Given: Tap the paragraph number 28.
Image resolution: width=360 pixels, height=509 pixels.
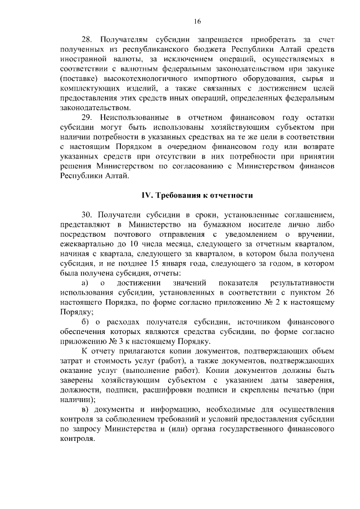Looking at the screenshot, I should [x=87, y=40].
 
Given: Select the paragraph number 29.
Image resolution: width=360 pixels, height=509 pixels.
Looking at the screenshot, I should [x=87, y=116].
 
